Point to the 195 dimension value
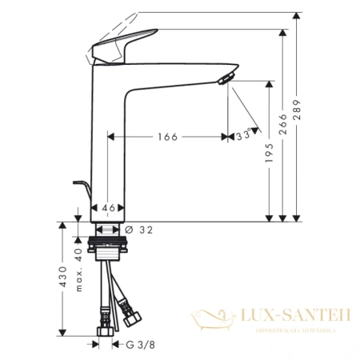click(x=270, y=155)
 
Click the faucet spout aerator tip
click(x=226, y=76)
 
